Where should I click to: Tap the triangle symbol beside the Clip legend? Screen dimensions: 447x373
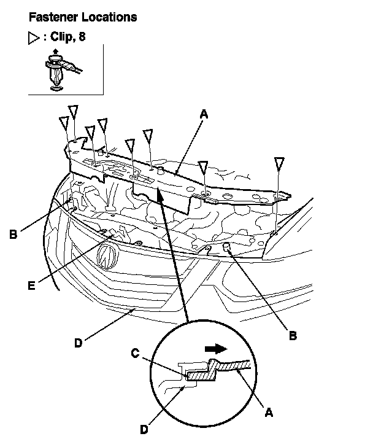tap(34, 37)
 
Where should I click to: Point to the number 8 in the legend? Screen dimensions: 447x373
tap(82, 37)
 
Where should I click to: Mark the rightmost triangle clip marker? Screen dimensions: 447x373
tap(279, 163)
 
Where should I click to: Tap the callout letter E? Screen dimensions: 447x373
tap(31, 284)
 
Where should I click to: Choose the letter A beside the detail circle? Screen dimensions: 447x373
tap(268, 413)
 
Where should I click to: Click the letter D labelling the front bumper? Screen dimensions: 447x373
tap(78, 343)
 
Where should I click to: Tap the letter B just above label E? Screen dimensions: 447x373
tap(12, 233)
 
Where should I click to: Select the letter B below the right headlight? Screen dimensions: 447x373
tap(293, 335)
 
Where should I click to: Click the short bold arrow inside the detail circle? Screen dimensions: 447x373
tap(215, 348)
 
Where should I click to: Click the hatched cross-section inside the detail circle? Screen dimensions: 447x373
tap(221, 368)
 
